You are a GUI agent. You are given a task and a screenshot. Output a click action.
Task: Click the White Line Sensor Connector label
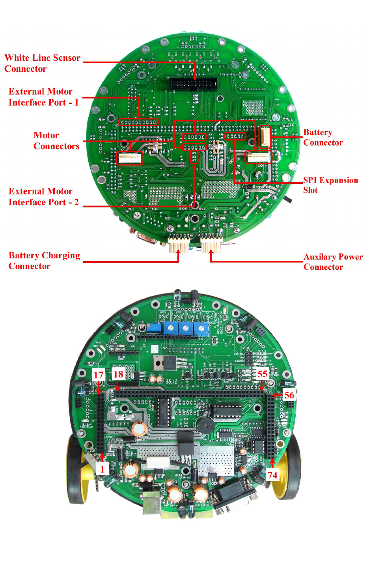click(x=42, y=63)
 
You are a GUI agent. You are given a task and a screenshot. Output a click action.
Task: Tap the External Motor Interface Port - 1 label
click(x=43, y=97)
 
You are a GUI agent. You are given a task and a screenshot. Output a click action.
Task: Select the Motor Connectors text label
click(x=56, y=141)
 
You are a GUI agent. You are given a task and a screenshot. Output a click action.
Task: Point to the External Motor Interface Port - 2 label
click(x=43, y=197)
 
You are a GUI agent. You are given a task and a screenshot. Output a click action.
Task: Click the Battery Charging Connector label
click(x=44, y=261)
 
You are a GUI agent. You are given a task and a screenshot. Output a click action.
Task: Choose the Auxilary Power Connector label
click(x=333, y=262)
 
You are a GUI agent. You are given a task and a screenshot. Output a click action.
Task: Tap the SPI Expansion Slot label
click(x=330, y=185)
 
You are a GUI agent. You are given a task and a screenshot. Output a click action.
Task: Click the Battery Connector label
click(x=323, y=138)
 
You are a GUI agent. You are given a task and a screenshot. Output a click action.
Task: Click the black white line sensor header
click(x=194, y=83)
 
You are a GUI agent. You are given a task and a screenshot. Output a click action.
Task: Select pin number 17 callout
click(x=99, y=375)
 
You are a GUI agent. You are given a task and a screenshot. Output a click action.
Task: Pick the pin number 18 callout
click(x=118, y=374)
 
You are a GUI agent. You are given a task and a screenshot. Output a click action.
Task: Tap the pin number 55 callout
click(x=262, y=374)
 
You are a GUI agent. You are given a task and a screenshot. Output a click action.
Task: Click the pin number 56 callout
click(x=289, y=395)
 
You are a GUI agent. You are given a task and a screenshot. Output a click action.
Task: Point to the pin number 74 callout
click(x=272, y=475)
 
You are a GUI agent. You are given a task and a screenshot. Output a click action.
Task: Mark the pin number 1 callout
click(x=102, y=469)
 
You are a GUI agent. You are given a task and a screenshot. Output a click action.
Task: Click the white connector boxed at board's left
click(x=129, y=158)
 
